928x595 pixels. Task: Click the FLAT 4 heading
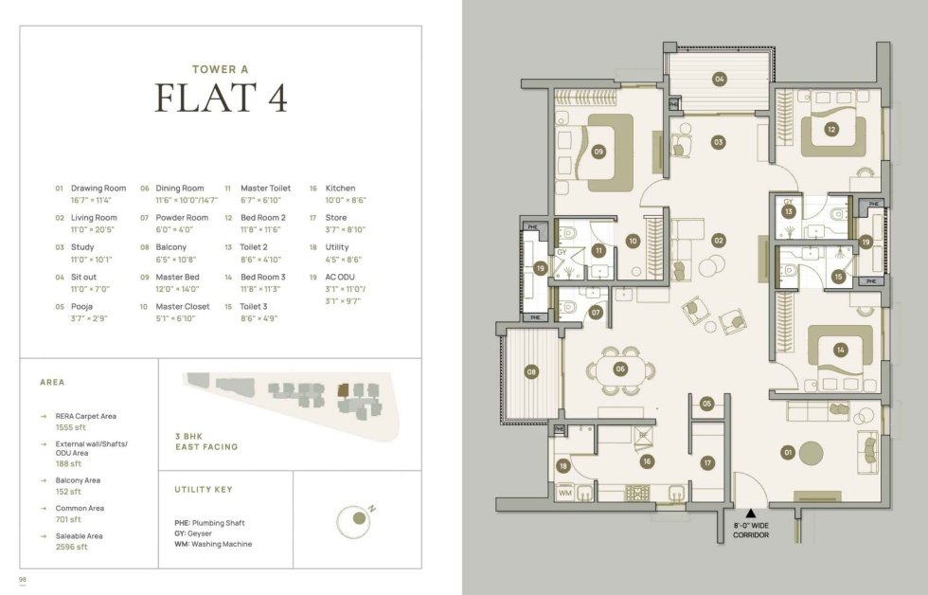pos(221,98)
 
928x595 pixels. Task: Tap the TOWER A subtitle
pos(221,69)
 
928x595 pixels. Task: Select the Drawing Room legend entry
pos(98,189)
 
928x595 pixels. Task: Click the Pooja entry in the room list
pos(81,307)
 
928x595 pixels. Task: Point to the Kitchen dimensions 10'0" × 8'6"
pos(346,200)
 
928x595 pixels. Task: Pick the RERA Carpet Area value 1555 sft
pos(70,427)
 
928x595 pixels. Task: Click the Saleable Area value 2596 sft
pos(72,547)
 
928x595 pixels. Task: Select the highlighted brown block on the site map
pos(343,390)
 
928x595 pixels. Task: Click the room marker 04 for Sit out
pos(719,79)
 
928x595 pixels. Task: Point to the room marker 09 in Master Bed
pos(598,152)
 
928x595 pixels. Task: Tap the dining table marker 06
pos(620,369)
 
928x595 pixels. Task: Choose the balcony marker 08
pos(531,371)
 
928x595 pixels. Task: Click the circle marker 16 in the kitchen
pos(647,461)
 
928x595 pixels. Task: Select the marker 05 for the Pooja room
pos(706,404)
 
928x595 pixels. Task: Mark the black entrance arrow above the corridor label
pos(750,514)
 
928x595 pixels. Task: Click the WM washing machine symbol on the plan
pos(565,492)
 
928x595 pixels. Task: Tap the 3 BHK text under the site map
pos(188,437)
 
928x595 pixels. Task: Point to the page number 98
pos(23,579)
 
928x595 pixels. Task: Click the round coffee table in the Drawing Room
pos(812,454)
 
